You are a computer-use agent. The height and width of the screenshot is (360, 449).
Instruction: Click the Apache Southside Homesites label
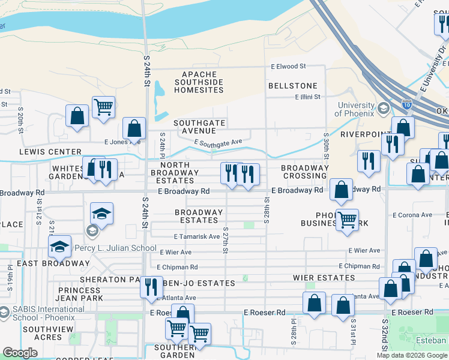point(198,82)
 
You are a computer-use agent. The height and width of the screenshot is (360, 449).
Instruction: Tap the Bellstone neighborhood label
point(292,86)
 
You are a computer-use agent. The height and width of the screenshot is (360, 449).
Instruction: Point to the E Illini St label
point(307,97)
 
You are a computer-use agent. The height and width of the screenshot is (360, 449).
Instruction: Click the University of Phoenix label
point(355,109)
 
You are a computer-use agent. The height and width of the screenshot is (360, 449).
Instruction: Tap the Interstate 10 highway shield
point(407,104)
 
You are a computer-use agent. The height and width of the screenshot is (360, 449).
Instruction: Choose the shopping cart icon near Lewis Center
point(104,107)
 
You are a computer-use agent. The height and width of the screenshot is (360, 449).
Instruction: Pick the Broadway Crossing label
point(304,172)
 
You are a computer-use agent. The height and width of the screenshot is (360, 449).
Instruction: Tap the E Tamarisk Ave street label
point(196,237)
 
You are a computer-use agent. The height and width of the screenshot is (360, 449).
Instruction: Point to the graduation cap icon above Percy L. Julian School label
point(101,214)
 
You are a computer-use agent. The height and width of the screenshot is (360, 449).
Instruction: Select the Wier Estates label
point(324,278)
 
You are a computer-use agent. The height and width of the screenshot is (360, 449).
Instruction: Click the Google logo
point(20,353)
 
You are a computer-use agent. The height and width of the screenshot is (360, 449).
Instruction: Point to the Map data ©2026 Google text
point(411,355)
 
